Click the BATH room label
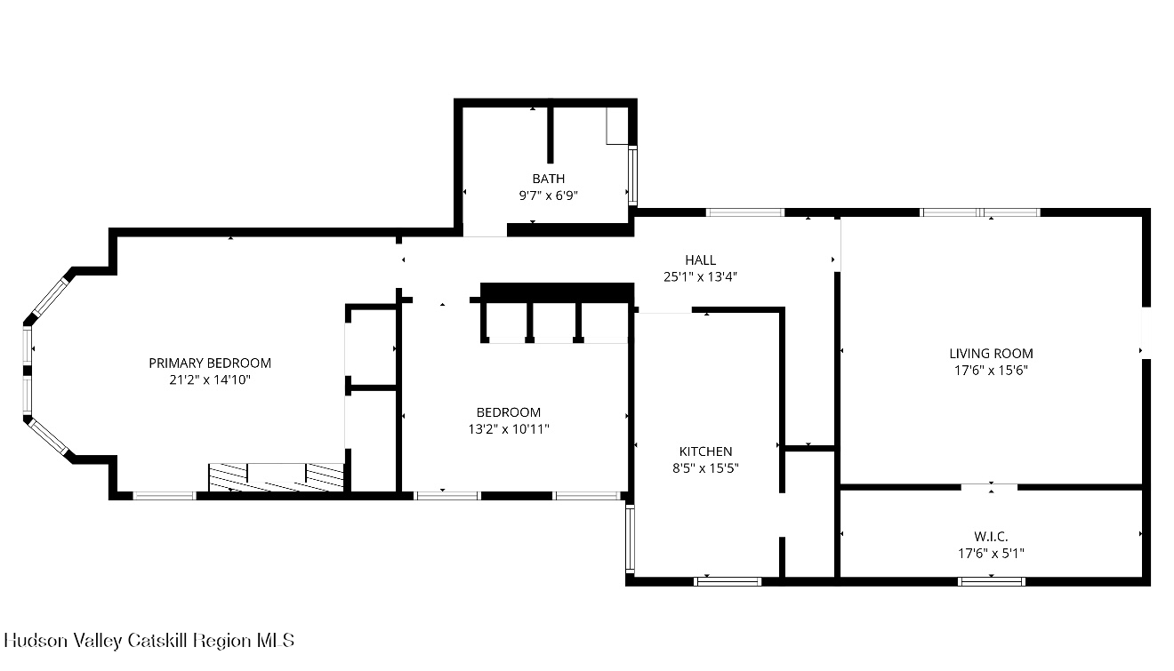(x=548, y=179)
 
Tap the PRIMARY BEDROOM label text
(x=210, y=363)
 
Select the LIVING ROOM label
(x=991, y=353)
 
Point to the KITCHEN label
(x=705, y=451)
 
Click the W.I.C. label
(x=991, y=536)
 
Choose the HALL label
(x=700, y=260)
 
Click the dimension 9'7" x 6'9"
(x=548, y=196)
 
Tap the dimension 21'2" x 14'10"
(x=210, y=379)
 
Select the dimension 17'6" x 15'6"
(x=991, y=370)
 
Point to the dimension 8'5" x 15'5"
(x=705, y=468)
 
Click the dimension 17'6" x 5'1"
(x=991, y=553)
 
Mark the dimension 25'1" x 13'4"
(x=700, y=276)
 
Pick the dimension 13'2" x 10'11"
(x=508, y=429)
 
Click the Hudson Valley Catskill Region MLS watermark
(x=149, y=640)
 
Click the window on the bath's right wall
(x=632, y=176)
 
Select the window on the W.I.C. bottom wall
(x=991, y=581)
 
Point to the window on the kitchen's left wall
(x=630, y=539)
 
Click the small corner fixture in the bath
(x=617, y=126)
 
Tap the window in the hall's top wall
(x=744, y=212)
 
